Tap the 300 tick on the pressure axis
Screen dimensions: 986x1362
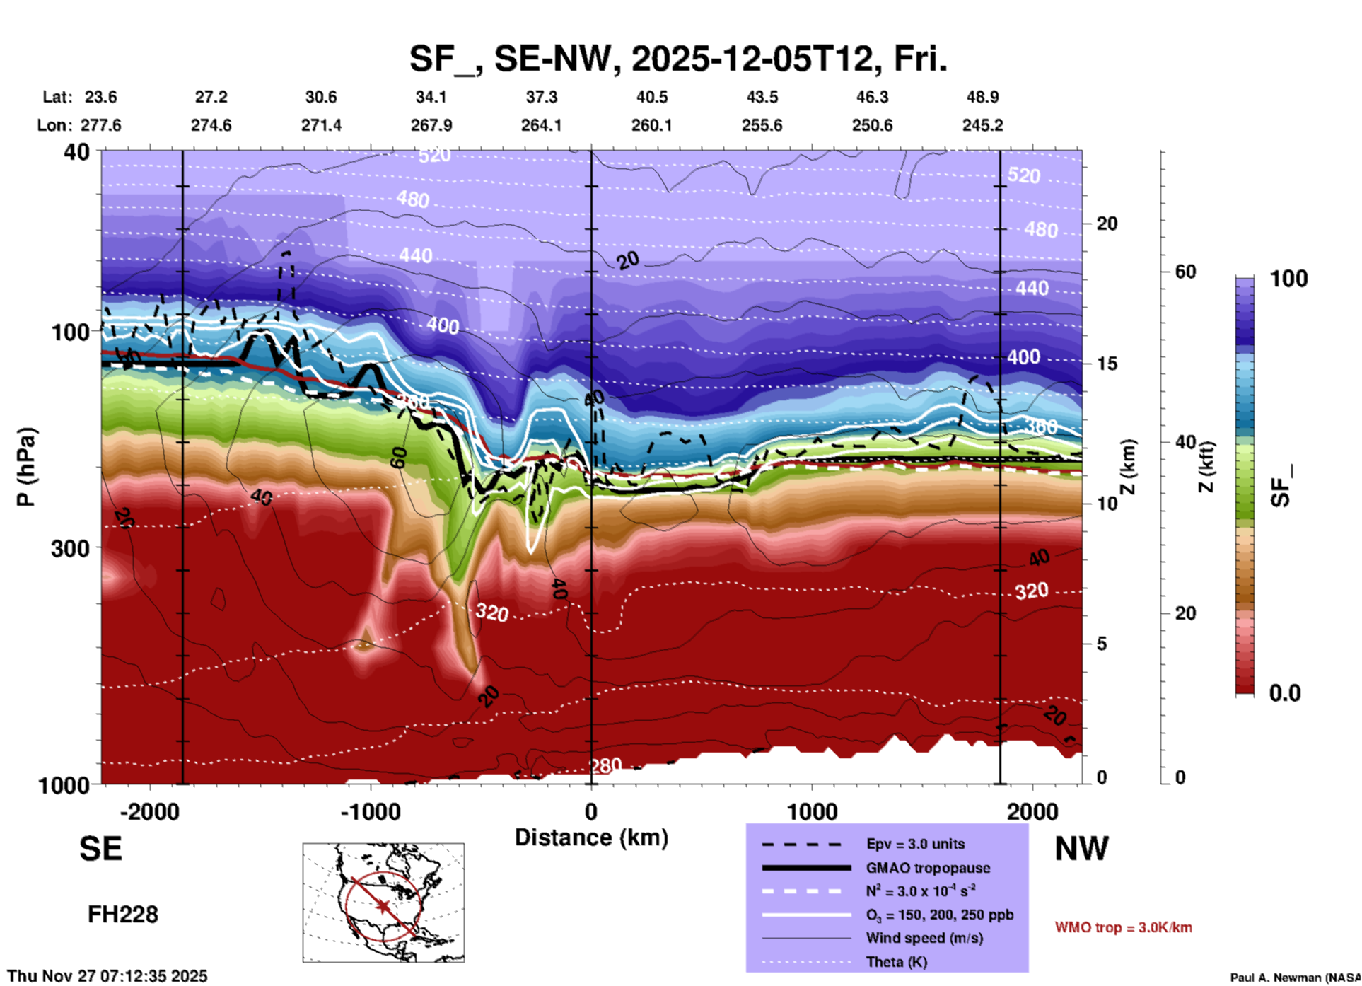70,548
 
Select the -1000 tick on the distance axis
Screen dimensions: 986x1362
370,811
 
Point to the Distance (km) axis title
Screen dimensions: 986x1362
591,837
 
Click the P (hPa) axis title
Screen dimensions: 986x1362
25,467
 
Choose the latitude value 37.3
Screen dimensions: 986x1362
541,97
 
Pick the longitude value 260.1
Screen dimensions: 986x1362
651,125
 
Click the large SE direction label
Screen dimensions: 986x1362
100,849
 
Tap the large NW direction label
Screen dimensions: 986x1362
1081,849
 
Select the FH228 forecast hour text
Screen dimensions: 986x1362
122,915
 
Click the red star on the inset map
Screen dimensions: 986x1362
383,906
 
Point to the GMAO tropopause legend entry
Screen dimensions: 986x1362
928,868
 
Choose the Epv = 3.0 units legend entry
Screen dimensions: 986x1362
915,844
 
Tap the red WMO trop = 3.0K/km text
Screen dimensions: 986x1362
1123,927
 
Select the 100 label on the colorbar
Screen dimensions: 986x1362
1288,279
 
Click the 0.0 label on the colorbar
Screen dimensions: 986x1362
1284,693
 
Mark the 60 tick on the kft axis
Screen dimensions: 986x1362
1185,272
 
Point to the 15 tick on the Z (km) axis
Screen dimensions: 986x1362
1107,364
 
